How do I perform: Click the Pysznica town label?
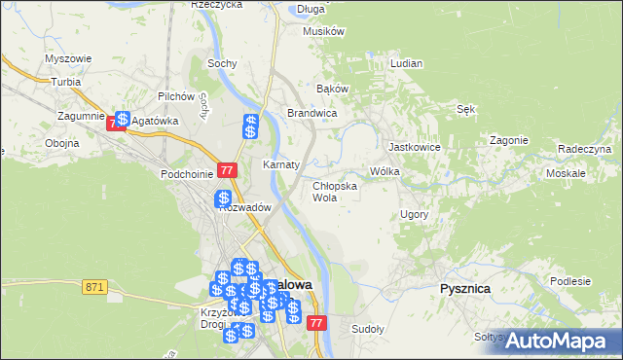[x=464, y=289]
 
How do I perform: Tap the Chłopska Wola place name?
[x=335, y=191]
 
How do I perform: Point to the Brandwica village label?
[x=311, y=113]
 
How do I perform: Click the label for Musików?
[x=325, y=31]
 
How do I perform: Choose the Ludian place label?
[x=406, y=63]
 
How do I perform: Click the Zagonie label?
[x=509, y=139]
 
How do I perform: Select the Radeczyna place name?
[x=584, y=148]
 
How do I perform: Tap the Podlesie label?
[x=570, y=281]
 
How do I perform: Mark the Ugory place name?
[x=415, y=213]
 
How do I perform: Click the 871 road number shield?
[x=94, y=286]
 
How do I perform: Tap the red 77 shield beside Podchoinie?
[x=228, y=169]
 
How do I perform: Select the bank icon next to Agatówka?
[x=123, y=119]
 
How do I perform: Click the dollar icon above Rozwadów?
[x=223, y=198]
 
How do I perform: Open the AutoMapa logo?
[x=558, y=340]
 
